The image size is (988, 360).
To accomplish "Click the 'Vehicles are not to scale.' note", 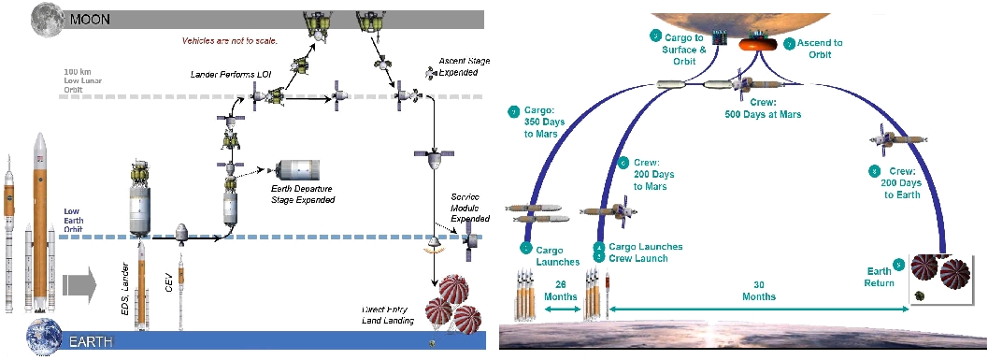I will click(x=231, y=41).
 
